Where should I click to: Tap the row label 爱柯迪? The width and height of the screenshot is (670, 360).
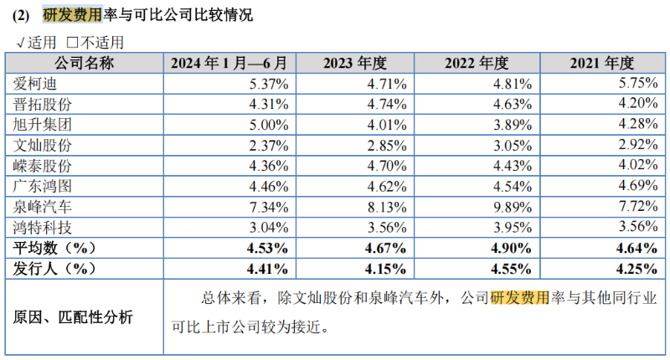(x=33, y=84)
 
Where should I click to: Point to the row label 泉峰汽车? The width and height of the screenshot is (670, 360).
(x=41, y=207)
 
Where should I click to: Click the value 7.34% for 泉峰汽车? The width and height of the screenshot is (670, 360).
(x=270, y=207)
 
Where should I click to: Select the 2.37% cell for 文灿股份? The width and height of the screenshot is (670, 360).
(x=270, y=146)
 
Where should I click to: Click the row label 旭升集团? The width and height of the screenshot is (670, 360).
(x=41, y=125)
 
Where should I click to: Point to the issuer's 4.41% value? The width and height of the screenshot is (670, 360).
(x=269, y=269)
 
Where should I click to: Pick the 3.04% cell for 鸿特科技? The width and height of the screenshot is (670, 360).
(x=270, y=227)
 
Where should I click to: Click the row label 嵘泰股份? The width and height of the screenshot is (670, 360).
(x=41, y=166)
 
